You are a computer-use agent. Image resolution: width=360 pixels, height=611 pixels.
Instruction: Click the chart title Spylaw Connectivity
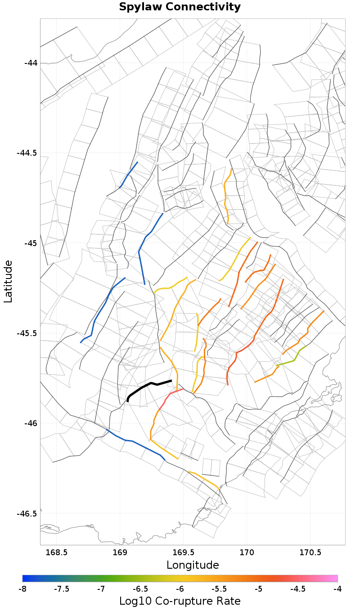tap(180, 7)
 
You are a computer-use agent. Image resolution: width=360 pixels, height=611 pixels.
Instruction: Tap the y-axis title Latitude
tap(8, 281)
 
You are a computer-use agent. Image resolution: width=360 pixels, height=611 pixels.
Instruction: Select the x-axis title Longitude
tap(193, 565)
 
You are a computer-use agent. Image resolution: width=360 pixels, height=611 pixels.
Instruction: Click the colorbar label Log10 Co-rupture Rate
tap(180, 601)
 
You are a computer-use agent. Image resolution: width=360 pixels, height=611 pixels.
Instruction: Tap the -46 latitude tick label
tap(31, 423)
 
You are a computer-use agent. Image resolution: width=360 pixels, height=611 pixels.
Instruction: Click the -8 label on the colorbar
tap(22, 589)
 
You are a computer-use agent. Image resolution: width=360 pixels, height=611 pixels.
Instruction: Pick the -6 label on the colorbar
tap(180, 589)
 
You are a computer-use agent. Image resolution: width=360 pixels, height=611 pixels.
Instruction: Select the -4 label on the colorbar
tap(337, 589)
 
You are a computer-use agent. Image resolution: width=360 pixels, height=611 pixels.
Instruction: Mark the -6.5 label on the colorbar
tap(140, 589)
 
